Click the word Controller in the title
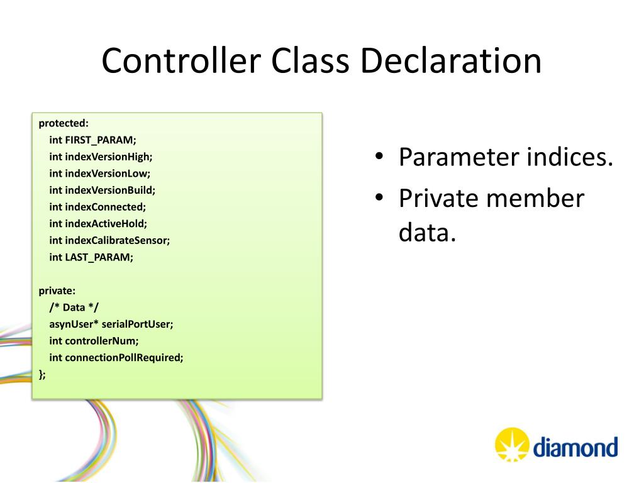(180, 62)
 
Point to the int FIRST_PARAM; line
(92, 140)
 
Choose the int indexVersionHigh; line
(101, 156)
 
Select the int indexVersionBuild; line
(102, 189)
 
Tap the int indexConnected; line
(97, 206)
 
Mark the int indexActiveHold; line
(98, 223)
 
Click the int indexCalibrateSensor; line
(109, 240)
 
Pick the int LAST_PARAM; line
(91, 257)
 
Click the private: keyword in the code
(57, 291)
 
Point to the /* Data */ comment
(74, 307)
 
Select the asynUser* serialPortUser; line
(111, 324)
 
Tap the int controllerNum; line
(94, 341)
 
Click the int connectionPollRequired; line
(116, 357)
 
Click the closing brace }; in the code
(42, 374)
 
